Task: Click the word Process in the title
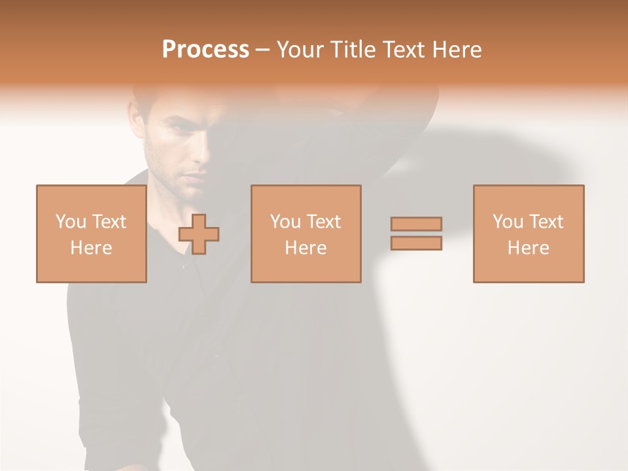click(205, 50)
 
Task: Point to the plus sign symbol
click(199, 234)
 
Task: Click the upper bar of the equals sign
click(416, 224)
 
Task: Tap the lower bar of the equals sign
click(416, 243)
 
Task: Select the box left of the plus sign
click(91, 234)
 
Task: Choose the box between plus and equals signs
click(305, 234)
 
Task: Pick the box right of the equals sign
click(528, 234)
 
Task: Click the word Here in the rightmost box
click(528, 248)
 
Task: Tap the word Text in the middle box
click(323, 222)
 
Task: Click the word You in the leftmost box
click(71, 222)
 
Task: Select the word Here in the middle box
click(305, 248)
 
